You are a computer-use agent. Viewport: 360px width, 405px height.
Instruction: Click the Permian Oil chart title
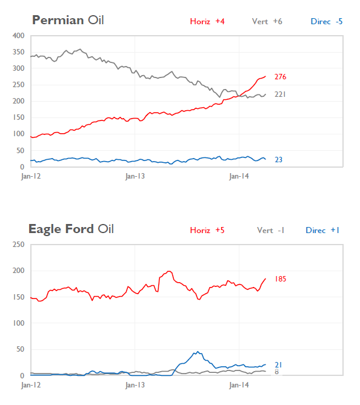coord(67,21)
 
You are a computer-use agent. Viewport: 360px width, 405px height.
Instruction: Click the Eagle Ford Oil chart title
coord(71,229)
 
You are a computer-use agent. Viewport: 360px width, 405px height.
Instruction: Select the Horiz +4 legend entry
coord(207,22)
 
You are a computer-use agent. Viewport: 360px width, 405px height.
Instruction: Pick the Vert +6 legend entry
coord(267,22)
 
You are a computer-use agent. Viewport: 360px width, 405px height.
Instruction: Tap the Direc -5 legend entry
coord(326,22)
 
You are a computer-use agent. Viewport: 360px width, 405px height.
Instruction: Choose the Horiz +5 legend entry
coord(207,231)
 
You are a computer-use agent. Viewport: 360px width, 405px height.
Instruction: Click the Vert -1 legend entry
coord(270,231)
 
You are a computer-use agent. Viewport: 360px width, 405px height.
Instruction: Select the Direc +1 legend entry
coord(322,231)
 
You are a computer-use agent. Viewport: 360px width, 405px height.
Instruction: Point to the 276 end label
coord(280,77)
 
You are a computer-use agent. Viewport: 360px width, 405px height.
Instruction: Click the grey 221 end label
coord(280,94)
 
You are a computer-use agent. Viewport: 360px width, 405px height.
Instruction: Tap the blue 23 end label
coord(278,160)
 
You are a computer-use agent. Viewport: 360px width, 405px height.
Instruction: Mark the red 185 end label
coord(280,279)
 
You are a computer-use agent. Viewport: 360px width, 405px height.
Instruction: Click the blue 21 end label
coord(278,364)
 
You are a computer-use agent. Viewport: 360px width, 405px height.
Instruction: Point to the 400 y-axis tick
coord(18,36)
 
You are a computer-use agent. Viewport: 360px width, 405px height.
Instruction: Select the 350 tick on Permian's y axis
coord(18,52)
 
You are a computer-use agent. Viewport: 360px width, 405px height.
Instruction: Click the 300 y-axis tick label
coord(18,68)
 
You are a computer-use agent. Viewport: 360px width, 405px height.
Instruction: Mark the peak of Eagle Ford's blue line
coord(196,352)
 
